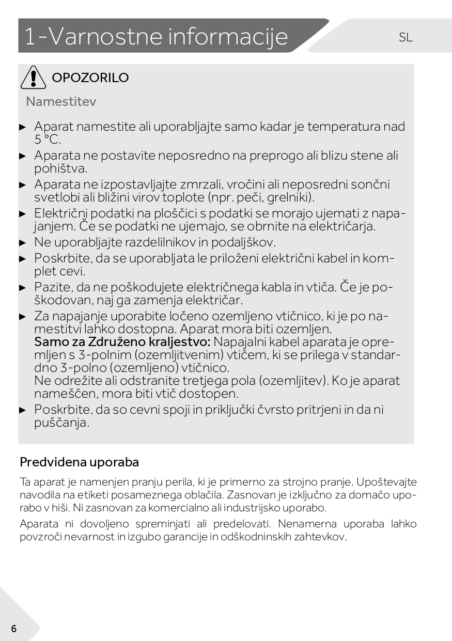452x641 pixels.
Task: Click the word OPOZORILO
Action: [90, 78]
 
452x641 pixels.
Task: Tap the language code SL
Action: [406, 37]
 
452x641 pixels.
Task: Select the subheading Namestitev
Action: [61, 101]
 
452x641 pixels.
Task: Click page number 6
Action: [13, 629]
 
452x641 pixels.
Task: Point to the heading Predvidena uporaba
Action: [79, 462]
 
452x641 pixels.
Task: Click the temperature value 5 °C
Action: [48, 139]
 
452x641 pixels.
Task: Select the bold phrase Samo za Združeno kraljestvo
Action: [122, 342]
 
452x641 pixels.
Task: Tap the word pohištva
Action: [60, 168]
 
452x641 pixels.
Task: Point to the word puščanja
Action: [61, 423]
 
